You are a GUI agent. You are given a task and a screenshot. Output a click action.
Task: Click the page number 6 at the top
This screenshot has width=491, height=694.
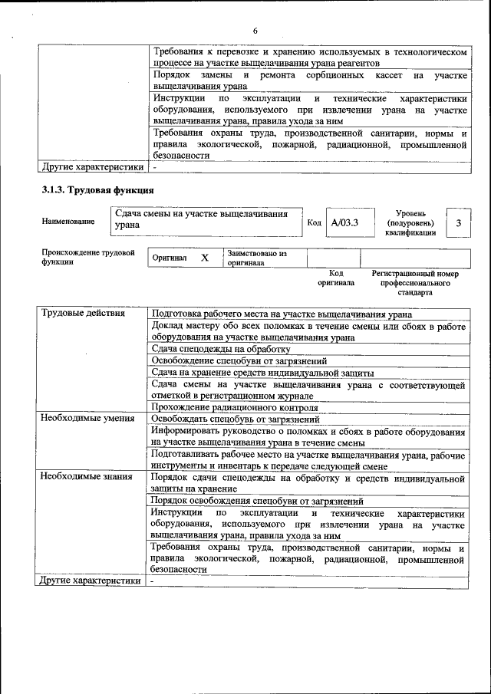click(x=255, y=30)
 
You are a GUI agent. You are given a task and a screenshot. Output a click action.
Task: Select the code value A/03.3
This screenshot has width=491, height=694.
click(x=344, y=222)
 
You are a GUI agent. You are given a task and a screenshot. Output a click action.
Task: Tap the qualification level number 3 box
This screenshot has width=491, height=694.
click(x=458, y=222)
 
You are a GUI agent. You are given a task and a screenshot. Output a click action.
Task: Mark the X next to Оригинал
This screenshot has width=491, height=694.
click(x=205, y=258)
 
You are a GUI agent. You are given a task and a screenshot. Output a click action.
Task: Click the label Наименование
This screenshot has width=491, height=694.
click(x=68, y=222)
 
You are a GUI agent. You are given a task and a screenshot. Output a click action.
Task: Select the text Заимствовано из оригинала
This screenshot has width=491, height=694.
click(x=256, y=258)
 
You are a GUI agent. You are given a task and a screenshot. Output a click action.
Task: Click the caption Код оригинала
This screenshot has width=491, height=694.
click(x=336, y=278)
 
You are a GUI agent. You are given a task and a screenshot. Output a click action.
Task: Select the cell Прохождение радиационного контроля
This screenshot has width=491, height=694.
click(x=235, y=407)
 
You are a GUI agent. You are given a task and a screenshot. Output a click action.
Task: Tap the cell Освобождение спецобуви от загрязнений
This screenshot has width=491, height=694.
click(x=239, y=360)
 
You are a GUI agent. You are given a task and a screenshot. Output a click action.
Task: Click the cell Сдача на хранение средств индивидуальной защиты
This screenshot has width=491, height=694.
click(x=261, y=372)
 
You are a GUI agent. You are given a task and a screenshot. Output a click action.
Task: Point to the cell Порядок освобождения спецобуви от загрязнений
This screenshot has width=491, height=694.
click(x=257, y=501)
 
